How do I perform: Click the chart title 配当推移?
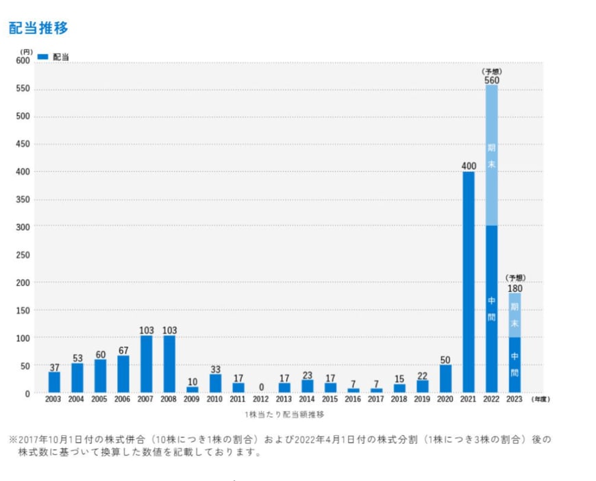coord(38,28)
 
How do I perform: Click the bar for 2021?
coord(469,282)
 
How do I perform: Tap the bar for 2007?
coord(147,364)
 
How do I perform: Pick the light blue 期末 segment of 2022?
coord(491,156)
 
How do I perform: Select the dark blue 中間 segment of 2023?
coord(514,365)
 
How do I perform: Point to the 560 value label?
coord(491,80)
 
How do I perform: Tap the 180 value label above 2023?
coord(514,288)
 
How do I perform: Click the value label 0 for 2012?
coord(261,387)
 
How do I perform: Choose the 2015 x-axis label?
coord(330,399)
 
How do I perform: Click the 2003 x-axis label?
coord(54,399)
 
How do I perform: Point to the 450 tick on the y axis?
coord(23,145)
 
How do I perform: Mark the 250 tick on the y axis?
coord(23,255)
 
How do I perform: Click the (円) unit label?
coord(26,51)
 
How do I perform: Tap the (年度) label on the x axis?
coord(541,399)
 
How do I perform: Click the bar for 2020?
coord(445,378)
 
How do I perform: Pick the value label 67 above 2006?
coord(123,351)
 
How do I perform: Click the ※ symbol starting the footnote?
coord(12,439)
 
